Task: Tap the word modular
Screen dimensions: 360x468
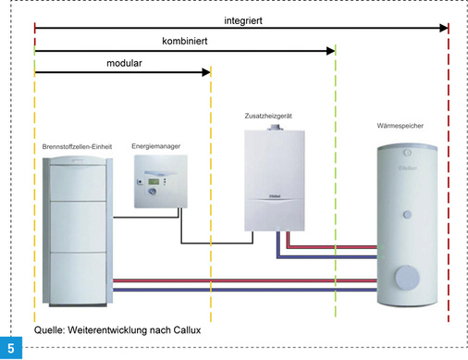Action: click(124, 65)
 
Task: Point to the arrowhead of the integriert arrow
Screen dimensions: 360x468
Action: click(442, 29)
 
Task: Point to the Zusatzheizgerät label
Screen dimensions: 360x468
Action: click(272, 116)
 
